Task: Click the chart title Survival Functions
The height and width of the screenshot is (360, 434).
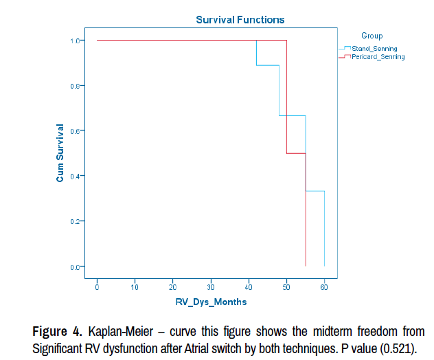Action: click(240, 20)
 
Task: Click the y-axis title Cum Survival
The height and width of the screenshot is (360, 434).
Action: click(60, 153)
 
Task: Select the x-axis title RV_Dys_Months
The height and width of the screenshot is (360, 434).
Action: click(210, 302)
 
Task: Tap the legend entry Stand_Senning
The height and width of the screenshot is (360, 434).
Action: click(374, 48)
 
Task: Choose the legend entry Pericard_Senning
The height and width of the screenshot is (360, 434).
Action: click(378, 57)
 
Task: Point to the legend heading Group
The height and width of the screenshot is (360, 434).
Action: click(372, 36)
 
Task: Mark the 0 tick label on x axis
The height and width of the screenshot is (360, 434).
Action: click(98, 285)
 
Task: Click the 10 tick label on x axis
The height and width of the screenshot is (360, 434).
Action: click(135, 285)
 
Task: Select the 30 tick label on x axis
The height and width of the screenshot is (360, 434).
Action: click(211, 285)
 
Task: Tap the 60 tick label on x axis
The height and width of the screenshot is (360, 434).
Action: click(324, 285)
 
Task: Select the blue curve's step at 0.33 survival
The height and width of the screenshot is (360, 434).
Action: click(315, 191)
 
